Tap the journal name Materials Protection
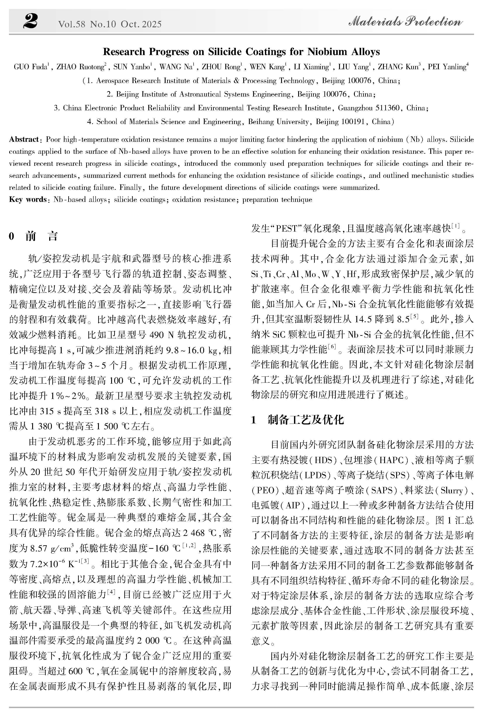[x=405, y=22]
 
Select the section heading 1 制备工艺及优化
[x=297, y=419]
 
